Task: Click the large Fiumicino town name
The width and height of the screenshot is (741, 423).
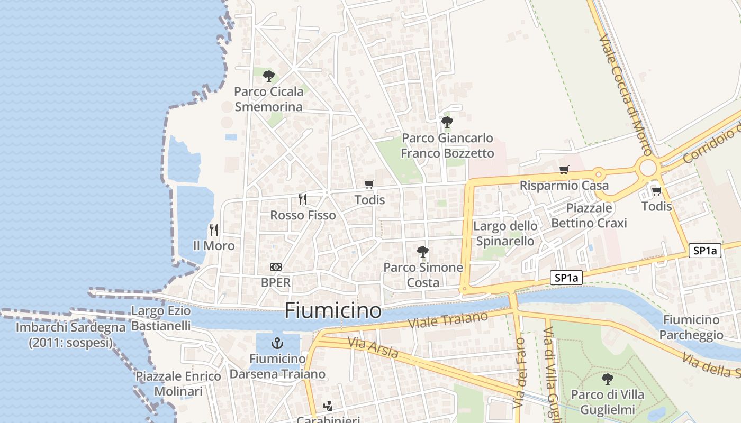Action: pos(333,310)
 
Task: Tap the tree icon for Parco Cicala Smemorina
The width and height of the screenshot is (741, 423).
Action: pos(269,76)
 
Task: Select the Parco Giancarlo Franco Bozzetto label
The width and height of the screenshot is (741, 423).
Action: pos(447,146)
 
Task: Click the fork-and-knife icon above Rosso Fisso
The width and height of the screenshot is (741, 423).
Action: pos(303,199)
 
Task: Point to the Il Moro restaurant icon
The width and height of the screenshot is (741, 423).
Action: pos(214,230)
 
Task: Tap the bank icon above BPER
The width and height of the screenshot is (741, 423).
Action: pos(276,267)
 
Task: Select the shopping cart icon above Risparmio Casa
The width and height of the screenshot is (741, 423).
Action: pos(564,170)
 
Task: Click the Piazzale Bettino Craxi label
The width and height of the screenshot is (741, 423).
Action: pos(589,215)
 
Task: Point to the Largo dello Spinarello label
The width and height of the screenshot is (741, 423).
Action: pos(505,234)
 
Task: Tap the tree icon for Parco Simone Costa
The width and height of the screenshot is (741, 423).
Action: pos(422,252)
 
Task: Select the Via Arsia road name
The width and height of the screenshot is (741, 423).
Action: pos(373,348)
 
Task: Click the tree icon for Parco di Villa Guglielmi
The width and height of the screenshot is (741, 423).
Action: pos(608,379)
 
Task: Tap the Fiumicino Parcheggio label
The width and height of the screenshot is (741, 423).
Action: pos(691,327)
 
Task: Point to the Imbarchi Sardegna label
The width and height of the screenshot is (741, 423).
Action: pos(70,335)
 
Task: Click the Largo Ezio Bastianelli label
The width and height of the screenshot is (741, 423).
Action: pos(161,318)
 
